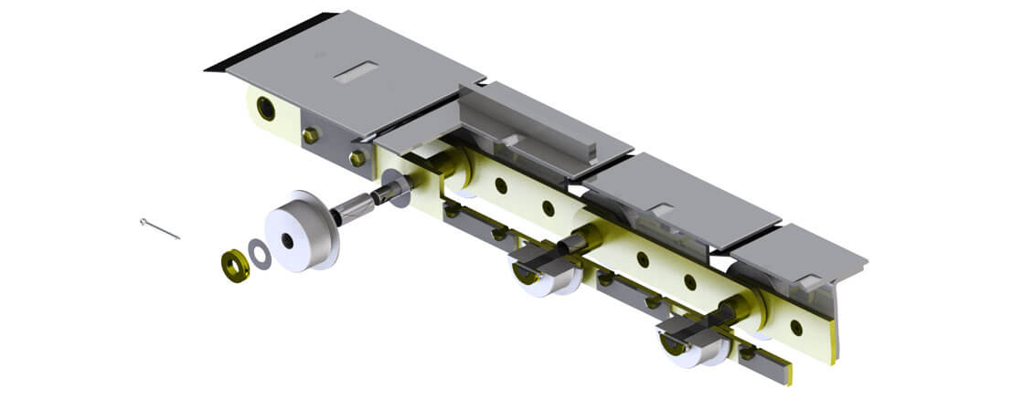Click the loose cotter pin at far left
tap(160, 229)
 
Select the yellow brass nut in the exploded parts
tap(233, 264)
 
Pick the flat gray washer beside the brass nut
tap(261, 255)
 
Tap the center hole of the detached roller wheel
tap(288, 240)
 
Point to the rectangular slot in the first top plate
tap(356, 72)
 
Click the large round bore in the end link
tap(266, 109)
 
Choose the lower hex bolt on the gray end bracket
tap(357, 158)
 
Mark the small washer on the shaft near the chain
tap(400, 194)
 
